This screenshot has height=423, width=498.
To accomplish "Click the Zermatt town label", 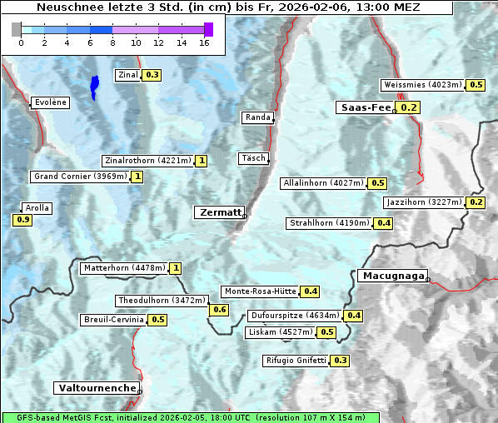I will tap(220, 213).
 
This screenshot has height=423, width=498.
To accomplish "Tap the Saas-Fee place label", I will tap(366, 107).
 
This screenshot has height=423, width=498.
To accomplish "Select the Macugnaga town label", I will tap(392, 276).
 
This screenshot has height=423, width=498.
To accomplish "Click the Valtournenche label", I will tap(97, 388).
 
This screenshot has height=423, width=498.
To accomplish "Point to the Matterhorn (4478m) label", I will tap(123, 268).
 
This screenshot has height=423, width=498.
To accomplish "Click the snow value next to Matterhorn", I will tap(175, 268).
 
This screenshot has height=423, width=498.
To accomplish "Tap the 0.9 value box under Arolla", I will tap(22, 220).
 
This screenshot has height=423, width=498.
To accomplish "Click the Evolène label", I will tap(50, 102).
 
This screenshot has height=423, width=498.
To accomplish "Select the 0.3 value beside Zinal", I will tap(152, 75).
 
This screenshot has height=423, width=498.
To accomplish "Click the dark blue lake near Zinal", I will tap(94, 87).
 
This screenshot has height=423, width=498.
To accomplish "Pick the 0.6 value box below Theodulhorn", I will tap(220, 310).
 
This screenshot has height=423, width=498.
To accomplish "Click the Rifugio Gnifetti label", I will tap(296, 361).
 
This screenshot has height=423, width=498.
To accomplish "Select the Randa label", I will tap(257, 117).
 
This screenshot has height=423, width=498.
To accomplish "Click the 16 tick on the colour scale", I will tap(204, 42).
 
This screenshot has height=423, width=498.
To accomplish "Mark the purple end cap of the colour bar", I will tap(208, 29).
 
